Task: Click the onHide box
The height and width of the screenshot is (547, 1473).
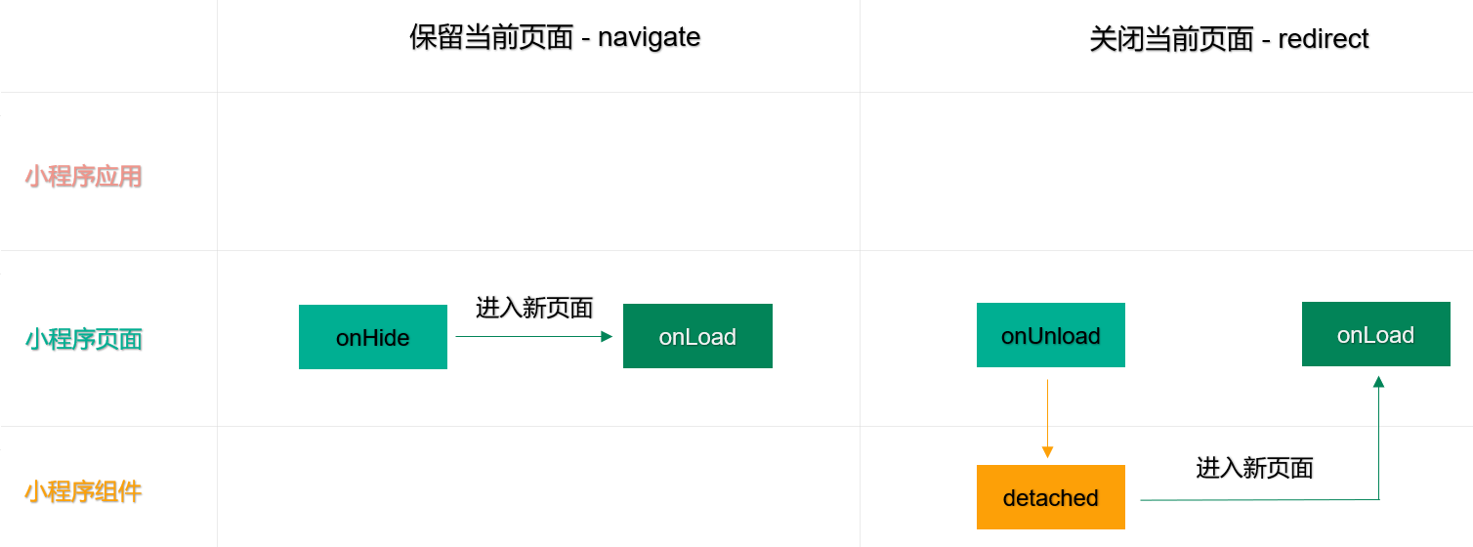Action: (373, 337)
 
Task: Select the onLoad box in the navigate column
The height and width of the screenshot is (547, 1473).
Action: (697, 336)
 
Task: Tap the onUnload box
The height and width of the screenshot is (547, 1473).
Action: (1051, 335)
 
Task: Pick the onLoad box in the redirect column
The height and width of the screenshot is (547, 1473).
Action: (1375, 334)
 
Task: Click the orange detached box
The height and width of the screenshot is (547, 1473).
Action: (1051, 497)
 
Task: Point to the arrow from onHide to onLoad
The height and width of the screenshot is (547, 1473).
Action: (534, 337)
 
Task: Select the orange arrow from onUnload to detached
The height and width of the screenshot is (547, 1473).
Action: (1047, 418)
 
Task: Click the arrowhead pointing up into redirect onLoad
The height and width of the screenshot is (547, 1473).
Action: (1378, 381)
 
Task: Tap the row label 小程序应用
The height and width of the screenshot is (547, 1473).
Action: (83, 176)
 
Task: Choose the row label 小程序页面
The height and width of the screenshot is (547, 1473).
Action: (83, 339)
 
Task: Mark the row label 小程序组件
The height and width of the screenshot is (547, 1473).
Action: (83, 491)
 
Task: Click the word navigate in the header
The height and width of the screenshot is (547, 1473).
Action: (649, 38)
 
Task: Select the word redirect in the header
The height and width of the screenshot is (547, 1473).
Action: (1324, 39)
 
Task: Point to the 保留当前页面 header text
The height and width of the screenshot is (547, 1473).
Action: (491, 37)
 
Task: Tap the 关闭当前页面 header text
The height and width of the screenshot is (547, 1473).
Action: (1172, 39)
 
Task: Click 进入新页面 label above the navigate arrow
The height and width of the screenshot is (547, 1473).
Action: (534, 308)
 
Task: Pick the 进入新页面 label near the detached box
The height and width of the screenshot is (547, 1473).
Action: (1254, 468)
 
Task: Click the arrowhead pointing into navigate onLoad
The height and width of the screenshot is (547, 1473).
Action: (607, 337)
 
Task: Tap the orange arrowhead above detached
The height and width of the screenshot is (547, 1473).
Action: (1047, 452)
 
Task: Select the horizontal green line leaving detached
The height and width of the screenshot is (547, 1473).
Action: (1259, 500)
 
